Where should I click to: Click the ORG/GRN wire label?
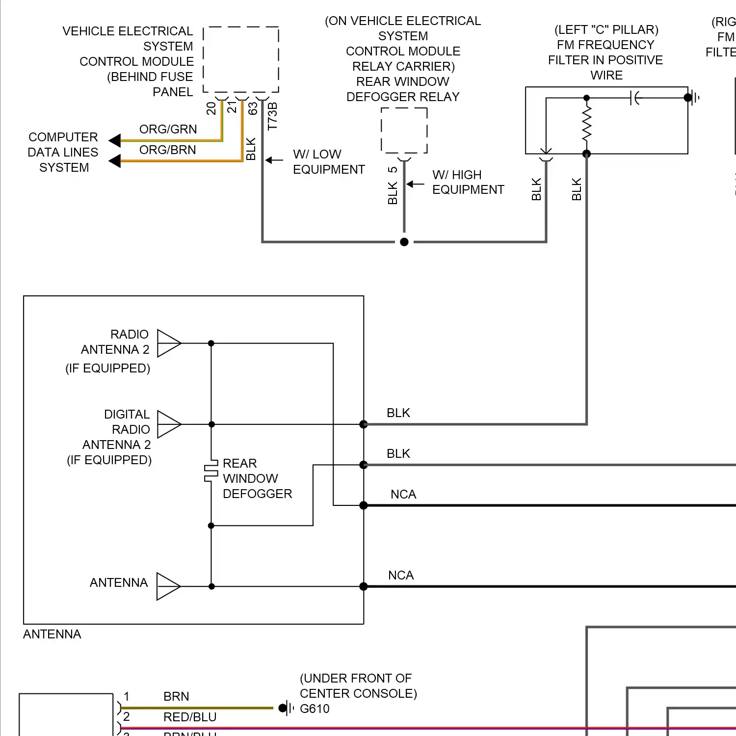[168, 129]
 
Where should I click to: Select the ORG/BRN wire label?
[167, 150]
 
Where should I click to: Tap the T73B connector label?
[273, 116]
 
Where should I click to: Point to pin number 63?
[253, 108]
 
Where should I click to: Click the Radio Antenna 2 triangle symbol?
[168, 343]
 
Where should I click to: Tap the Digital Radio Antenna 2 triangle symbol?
[168, 424]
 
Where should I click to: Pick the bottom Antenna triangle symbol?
[168, 586]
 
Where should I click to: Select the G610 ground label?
[315, 709]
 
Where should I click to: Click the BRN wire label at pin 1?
[176, 696]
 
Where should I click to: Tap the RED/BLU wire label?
[190, 717]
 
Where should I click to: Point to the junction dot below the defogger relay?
[404, 242]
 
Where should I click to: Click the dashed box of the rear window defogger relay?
[404, 131]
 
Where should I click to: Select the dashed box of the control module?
[241, 59]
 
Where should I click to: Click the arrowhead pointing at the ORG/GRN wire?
[114, 141]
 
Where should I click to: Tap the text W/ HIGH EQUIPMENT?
[468, 182]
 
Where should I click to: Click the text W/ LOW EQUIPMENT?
[328, 161]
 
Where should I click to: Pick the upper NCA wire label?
[403, 494]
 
